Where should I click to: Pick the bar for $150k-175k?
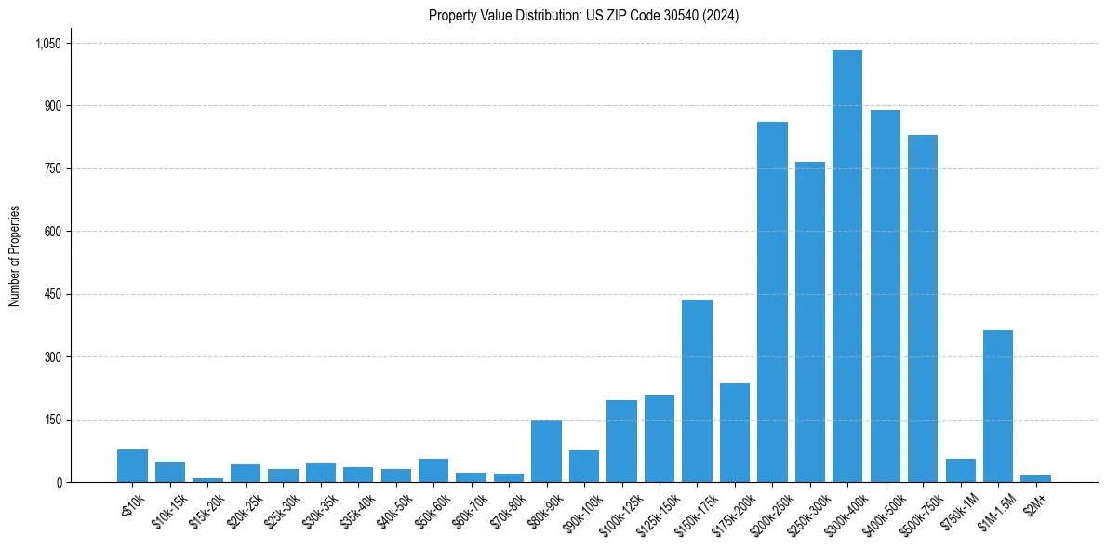pyautogui.click(x=697, y=391)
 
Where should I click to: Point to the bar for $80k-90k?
pyautogui.click(x=546, y=451)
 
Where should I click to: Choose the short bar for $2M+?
pyautogui.click(x=1035, y=478)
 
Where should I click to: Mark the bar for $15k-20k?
pyautogui.click(x=207, y=480)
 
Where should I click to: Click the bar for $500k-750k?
pyautogui.click(x=923, y=308)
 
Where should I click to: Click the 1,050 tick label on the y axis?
pyautogui.click(x=47, y=44)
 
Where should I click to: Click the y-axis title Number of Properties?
pyautogui.click(x=14, y=256)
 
